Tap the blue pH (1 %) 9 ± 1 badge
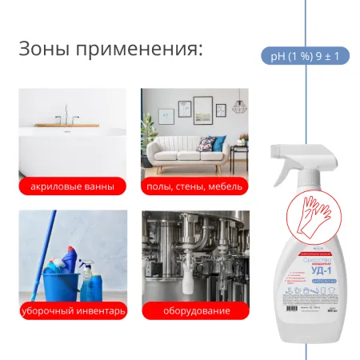point(305,56)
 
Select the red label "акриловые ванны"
point(72,187)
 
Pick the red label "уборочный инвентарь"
point(72,310)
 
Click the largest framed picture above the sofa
point(203,106)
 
